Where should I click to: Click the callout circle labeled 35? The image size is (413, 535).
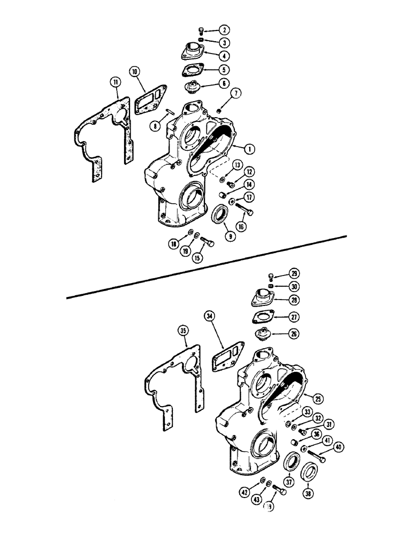tap(183, 332)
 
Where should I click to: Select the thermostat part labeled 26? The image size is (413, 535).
tap(264, 334)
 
